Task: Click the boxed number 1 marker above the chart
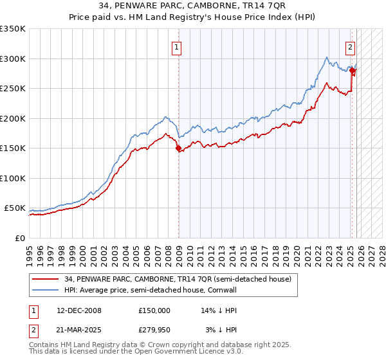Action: coord(176,46)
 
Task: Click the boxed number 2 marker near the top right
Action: coord(350,46)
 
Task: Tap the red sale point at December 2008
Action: coord(178,148)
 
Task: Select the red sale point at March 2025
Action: coord(353,71)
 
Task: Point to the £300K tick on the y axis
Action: coord(13,59)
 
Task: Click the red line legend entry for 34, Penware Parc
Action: coord(178,279)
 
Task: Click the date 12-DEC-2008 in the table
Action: coord(79,310)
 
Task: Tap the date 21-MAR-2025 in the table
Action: coord(79,330)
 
